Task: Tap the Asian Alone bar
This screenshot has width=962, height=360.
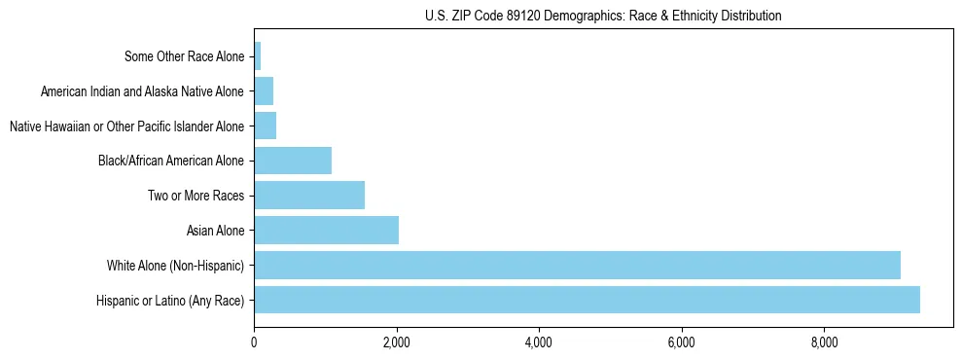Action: coord(326,231)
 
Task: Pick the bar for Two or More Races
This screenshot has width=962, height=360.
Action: coord(309,196)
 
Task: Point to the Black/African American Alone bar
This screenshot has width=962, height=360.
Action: coord(293,161)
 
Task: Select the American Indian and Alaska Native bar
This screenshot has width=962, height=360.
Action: coord(264,91)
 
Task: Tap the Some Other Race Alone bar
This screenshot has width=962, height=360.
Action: coord(258,56)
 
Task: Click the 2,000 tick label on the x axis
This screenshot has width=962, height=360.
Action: coord(396,342)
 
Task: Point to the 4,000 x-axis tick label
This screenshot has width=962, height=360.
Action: coord(539,342)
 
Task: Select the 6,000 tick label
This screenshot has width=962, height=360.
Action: coord(681,342)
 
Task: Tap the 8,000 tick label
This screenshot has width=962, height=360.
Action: coord(824,342)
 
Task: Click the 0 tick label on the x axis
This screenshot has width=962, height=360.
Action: coord(254,342)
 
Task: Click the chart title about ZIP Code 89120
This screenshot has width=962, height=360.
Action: coord(603,17)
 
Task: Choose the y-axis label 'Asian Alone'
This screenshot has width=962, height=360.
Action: coord(216,231)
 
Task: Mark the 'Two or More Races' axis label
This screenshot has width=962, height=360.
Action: coord(196,196)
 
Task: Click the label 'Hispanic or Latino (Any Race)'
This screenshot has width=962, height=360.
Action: coord(171,300)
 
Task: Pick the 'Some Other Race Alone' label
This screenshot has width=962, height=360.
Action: coord(185,56)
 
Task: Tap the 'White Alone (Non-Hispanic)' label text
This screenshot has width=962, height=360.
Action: coord(176,265)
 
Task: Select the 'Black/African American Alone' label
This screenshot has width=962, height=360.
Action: coord(172,161)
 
